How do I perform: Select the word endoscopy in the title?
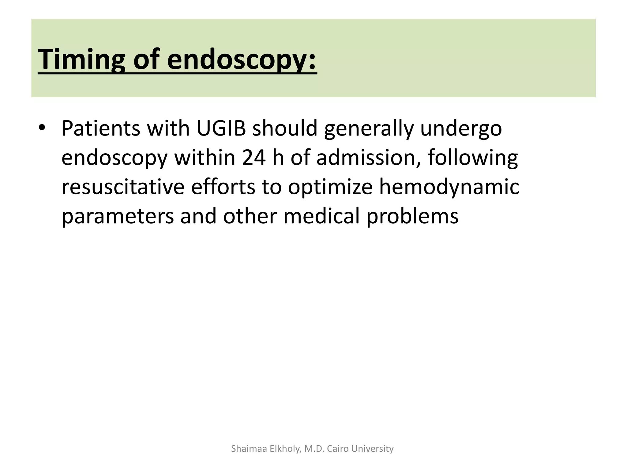[242, 60]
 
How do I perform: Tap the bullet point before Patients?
[42, 128]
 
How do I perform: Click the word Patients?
[101, 129]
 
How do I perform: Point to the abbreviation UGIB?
[221, 129]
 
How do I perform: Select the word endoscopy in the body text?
[115, 158]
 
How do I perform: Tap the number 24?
[254, 158]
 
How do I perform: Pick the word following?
[473, 158]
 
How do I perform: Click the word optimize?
[330, 188]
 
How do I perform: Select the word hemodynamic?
[449, 187]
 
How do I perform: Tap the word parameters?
[118, 216]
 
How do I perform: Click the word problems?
[412, 216]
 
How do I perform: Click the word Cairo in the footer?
[338, 449]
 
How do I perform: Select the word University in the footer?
[373, 449]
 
